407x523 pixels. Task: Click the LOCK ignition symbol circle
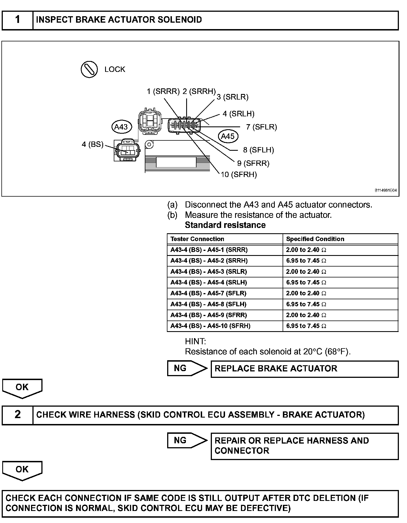[x=89, y=69]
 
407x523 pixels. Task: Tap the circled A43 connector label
[x=121, y=127]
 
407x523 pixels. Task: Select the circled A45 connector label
[x=228, y=136]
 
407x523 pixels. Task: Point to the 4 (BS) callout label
[x=93, y=145]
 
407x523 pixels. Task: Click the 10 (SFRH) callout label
[x=239, y=175]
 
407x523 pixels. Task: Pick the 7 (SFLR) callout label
[x=261, y=127]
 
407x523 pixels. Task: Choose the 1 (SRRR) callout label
[x=163, y=91]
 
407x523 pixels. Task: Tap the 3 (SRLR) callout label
[x=233, y=97]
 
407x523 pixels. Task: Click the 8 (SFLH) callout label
[x=258, y=150]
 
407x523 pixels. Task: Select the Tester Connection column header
[x=197, y=239]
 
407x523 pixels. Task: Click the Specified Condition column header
[x=315, y=239]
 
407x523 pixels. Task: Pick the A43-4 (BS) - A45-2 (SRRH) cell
[x=209, y=261]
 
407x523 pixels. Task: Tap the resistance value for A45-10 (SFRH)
[x=306, y=326]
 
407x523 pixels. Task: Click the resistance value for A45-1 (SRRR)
[x=306, y=250]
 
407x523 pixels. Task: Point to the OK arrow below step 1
[x=22, y=388]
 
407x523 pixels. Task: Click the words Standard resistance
[x=225, y=225]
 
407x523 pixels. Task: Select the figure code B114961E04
[x=385, y=190]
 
